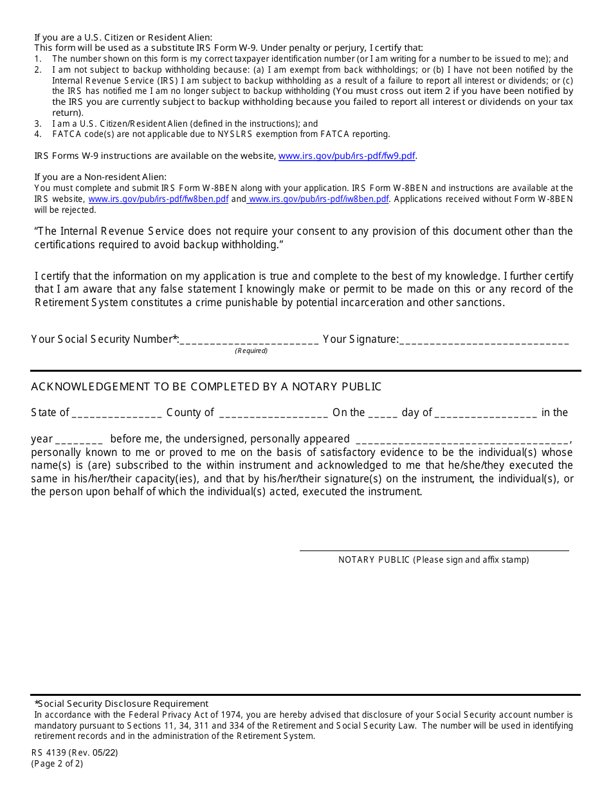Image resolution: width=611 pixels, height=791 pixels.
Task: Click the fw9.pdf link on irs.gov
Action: (346, 156)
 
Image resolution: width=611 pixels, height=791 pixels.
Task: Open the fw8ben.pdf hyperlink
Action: (158, 199)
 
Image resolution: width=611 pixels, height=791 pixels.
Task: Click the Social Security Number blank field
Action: (249, 340)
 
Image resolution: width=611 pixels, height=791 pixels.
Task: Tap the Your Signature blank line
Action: (484, 340)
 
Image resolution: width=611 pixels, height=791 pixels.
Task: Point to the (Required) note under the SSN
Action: (251, 351)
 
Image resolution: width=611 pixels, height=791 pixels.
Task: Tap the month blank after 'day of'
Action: (486, 414)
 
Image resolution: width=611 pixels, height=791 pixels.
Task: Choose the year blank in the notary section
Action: (79, 440)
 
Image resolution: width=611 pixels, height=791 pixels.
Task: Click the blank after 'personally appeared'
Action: (462, 440)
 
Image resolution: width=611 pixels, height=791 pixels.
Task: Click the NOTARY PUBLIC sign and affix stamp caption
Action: (433, 560)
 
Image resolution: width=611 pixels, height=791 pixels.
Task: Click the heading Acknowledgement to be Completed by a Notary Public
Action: (206, 386)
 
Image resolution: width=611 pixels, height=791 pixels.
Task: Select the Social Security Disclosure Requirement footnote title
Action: (122, 704)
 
